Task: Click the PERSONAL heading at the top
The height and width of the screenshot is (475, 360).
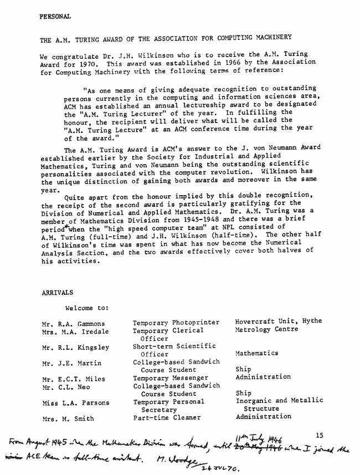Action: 55,17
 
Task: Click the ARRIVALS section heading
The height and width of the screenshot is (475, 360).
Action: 57,293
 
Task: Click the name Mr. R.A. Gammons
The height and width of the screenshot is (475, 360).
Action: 72,323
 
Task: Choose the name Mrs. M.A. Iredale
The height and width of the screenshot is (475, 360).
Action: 75,331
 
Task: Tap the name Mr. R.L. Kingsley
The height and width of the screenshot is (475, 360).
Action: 75,348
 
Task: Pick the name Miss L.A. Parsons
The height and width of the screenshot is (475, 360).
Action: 75,403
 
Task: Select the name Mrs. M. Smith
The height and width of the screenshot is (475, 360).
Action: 68,418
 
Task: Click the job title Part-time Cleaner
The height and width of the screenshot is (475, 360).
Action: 167,417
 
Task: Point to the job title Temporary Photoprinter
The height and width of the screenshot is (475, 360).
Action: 176,323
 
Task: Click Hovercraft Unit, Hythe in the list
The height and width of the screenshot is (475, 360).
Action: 278,321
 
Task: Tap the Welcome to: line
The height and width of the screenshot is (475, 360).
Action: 87,308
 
